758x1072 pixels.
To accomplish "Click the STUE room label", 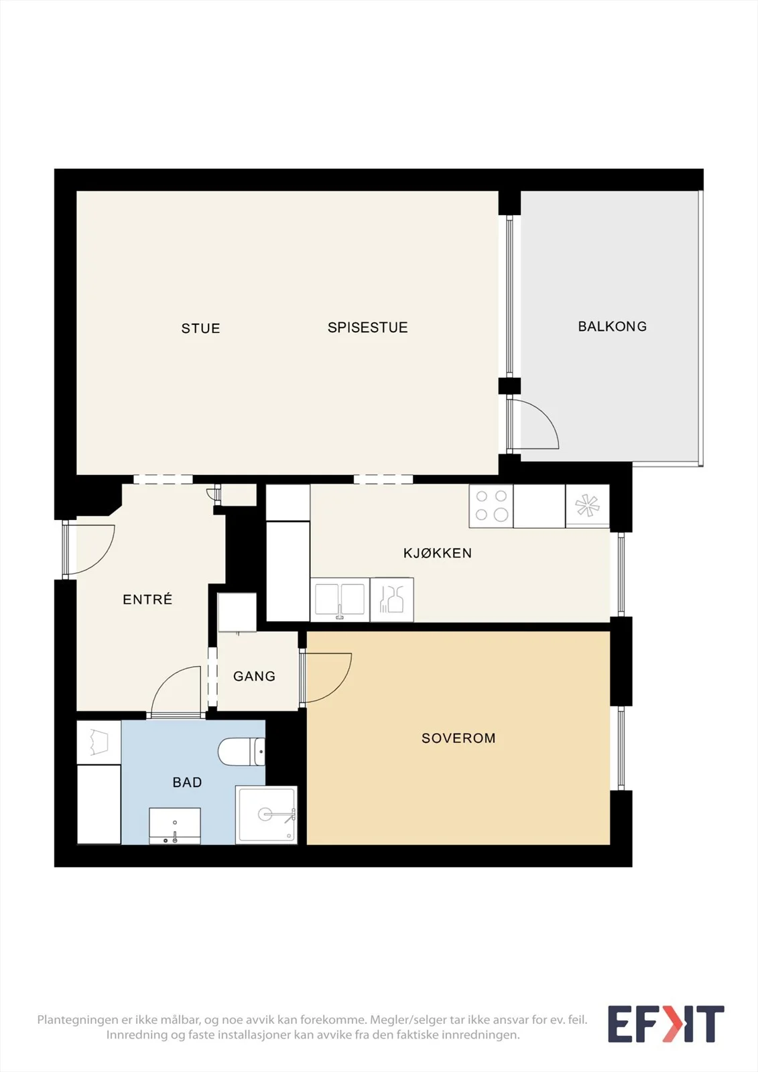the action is click(x=200, y=328).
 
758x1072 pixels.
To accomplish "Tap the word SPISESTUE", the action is click(x=368, y=328).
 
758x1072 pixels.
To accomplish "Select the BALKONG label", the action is click(x=613, y=326).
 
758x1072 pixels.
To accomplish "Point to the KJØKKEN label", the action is click(x=438, y=553).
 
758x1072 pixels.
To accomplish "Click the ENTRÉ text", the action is click(x=147, y=599).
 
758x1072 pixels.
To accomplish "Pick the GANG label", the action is click(x=254, y=676).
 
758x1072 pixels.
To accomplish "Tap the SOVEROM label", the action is click(x=458, y=738).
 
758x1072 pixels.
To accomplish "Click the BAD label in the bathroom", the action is click(x=187, y=783).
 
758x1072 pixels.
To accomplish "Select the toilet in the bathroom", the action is click(x=241, y=752).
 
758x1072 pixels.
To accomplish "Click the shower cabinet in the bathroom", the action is click(x=266, y=815).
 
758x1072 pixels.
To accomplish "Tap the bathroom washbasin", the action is click(x=175, y=826).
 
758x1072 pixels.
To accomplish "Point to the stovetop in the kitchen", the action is click(x=491, y=507).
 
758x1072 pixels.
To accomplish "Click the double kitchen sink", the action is click(x=340, y=600).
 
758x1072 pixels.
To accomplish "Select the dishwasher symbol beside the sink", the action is click(x=391, y=600).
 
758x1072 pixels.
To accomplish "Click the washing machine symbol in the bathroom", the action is click(x=99, y=742).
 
